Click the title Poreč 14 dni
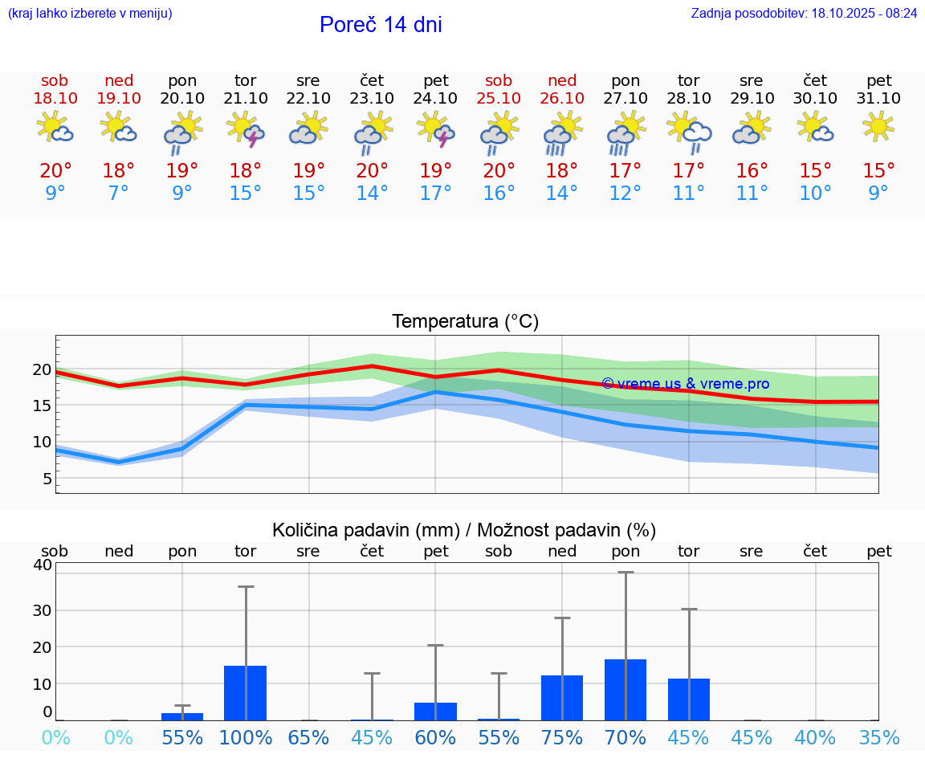click(381, 25)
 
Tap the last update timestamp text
click(804, 14)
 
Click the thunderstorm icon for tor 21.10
click(246, 129)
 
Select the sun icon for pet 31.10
click(878, 127)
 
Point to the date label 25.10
click(499, 99)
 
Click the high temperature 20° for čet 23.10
click(372, 170)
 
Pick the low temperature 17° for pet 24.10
click(435, 194)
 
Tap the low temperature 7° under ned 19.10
click(119, 194)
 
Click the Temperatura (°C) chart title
click(465, 322)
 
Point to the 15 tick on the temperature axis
click(42, 406)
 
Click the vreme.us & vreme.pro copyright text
click(685, 384)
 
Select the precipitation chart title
click(464, 530)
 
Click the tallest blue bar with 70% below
click(625, 690)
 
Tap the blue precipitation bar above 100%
click(246, 693)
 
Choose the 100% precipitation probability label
click(246, 738)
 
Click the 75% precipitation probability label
click(562, 738)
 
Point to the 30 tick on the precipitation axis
click(42, 610)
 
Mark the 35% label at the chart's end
click(878, 738)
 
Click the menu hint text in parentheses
click(90, 14)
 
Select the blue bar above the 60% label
click(435, 712)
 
